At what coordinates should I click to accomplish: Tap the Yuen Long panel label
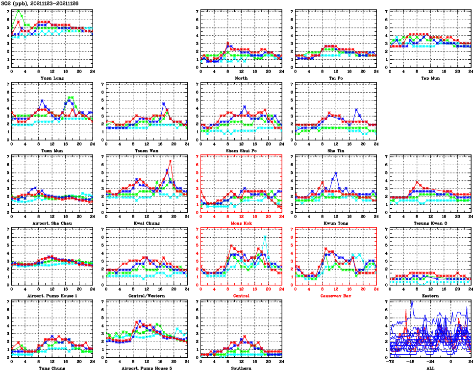(x=51, y=78)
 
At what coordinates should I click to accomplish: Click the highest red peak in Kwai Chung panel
(x=170, y=161)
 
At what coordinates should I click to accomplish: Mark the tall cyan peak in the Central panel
(x=265, y=236)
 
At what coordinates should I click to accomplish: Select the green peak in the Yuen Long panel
(x=19, y=10)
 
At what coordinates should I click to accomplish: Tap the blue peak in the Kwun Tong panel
(x=336, y=173)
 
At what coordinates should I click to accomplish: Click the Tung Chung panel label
(x=51, y=368)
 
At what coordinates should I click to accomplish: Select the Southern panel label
(x=241, y=368)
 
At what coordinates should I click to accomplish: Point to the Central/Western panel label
(x=146, y=296)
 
